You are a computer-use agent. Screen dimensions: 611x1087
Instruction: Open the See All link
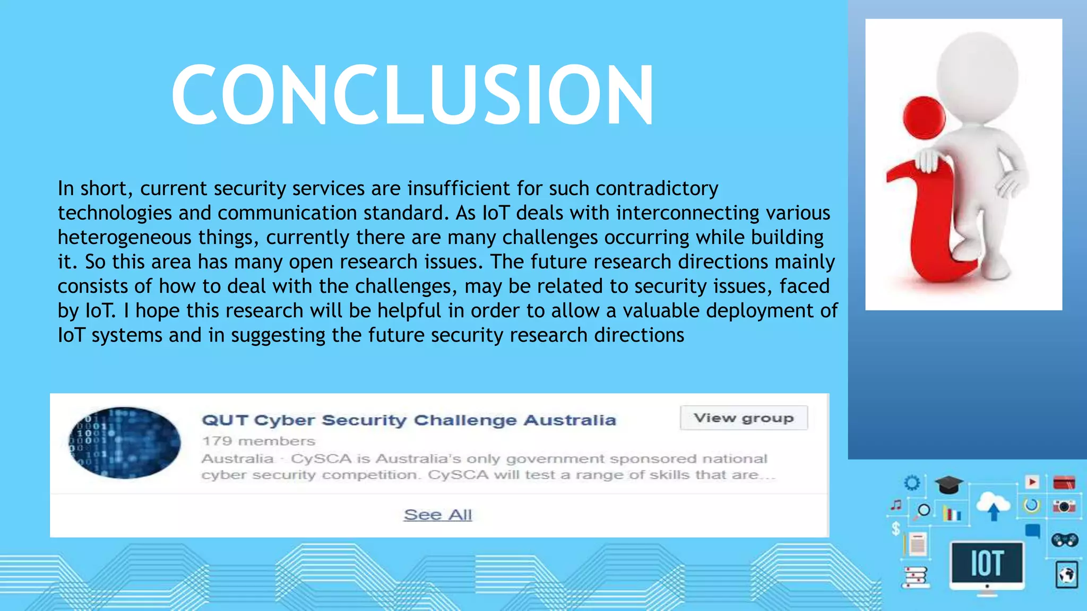pos(437,514)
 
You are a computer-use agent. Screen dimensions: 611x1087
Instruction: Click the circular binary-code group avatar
pos(125,443)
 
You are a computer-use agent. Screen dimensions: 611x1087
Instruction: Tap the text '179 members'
pos(258,441)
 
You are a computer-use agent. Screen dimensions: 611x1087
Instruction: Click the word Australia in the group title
pos(570,420)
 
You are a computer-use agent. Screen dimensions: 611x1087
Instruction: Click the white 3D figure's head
pos(977,73)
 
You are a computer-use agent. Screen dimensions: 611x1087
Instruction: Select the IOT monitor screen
pos(987,563)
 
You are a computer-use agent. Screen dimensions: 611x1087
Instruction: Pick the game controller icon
pos(1064,540)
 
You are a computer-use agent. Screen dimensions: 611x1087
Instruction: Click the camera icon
pos(1064,506)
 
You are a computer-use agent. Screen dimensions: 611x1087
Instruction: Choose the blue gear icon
pos(912,483)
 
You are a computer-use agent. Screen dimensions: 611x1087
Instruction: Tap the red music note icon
pos(896,505)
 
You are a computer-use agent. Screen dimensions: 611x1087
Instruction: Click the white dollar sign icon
pos(896,528)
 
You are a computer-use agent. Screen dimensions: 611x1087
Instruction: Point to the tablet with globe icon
pos(1066,574)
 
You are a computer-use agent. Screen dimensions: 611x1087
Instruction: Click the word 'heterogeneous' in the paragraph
pos(124,237)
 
